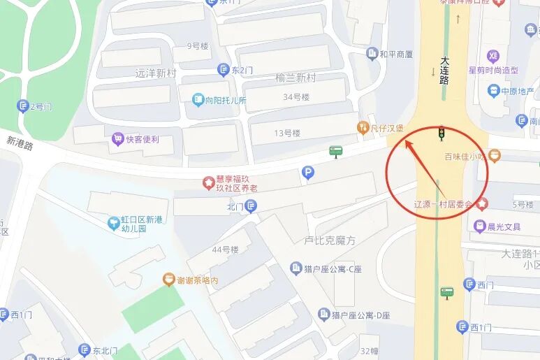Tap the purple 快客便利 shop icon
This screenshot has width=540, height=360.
117,139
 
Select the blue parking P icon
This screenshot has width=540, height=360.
308,173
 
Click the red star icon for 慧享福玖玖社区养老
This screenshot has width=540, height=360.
208,182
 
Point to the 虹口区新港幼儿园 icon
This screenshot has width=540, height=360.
113,223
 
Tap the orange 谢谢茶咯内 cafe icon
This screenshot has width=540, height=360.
168,280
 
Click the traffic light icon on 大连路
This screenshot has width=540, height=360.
442,131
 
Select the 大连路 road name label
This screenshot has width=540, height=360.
444,71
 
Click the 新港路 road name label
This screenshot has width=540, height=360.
20,143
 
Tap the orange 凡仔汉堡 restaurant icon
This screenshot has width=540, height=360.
363,127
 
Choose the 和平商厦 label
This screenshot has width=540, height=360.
396,54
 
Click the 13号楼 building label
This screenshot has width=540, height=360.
286,133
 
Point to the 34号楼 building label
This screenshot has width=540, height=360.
296,97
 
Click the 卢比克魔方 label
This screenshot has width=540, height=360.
330,240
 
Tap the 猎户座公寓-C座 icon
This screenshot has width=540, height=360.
296,268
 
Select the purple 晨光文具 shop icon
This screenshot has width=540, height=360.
479,226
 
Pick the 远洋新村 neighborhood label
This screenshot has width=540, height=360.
155,73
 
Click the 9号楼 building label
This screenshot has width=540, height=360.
198,46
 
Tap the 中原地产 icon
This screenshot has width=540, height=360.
493,91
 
